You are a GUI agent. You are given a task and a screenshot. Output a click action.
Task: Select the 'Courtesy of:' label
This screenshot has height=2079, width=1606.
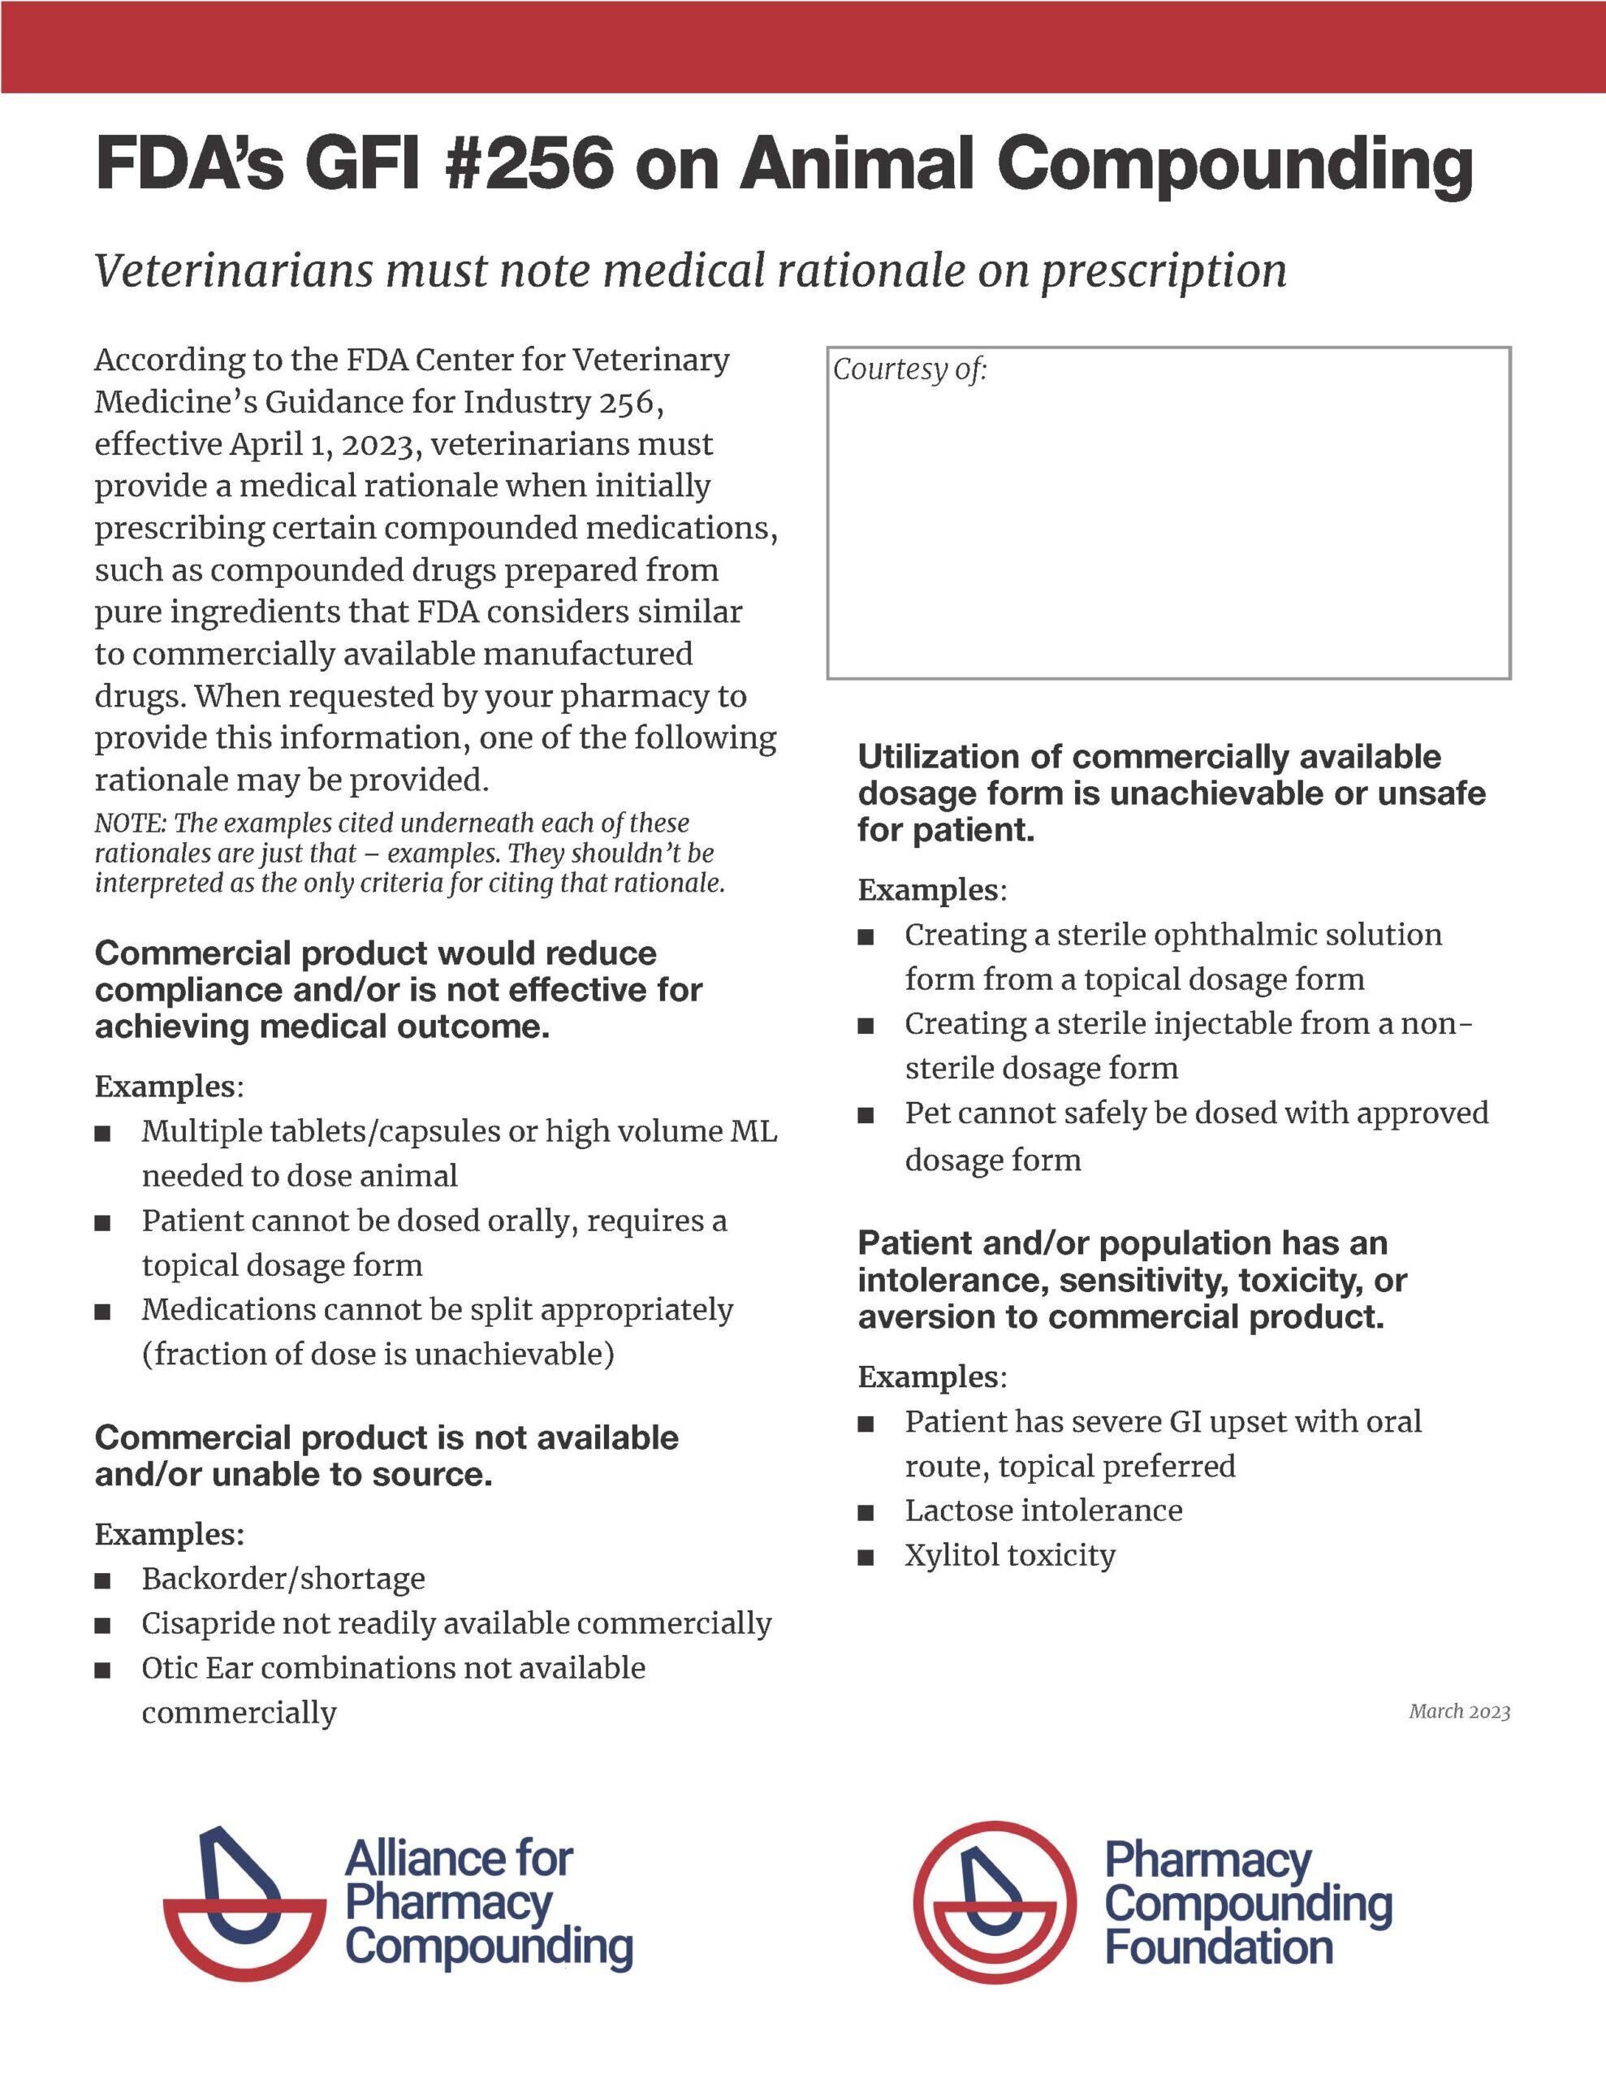[910, 370]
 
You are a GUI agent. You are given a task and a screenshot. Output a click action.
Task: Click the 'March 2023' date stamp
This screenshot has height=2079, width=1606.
[1459, 1712]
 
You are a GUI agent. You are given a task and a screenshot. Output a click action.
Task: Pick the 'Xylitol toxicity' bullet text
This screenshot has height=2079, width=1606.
[1010, 1555]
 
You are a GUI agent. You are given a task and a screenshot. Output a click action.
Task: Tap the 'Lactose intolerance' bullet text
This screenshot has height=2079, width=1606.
[1043, 1511]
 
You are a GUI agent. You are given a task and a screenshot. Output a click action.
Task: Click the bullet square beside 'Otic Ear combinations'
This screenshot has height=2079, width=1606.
[103, 1670]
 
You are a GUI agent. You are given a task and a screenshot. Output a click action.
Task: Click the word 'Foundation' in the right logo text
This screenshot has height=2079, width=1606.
[1219, 1947]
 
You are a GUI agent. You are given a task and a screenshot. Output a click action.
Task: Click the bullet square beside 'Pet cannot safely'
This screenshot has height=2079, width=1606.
[866, 1115]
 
